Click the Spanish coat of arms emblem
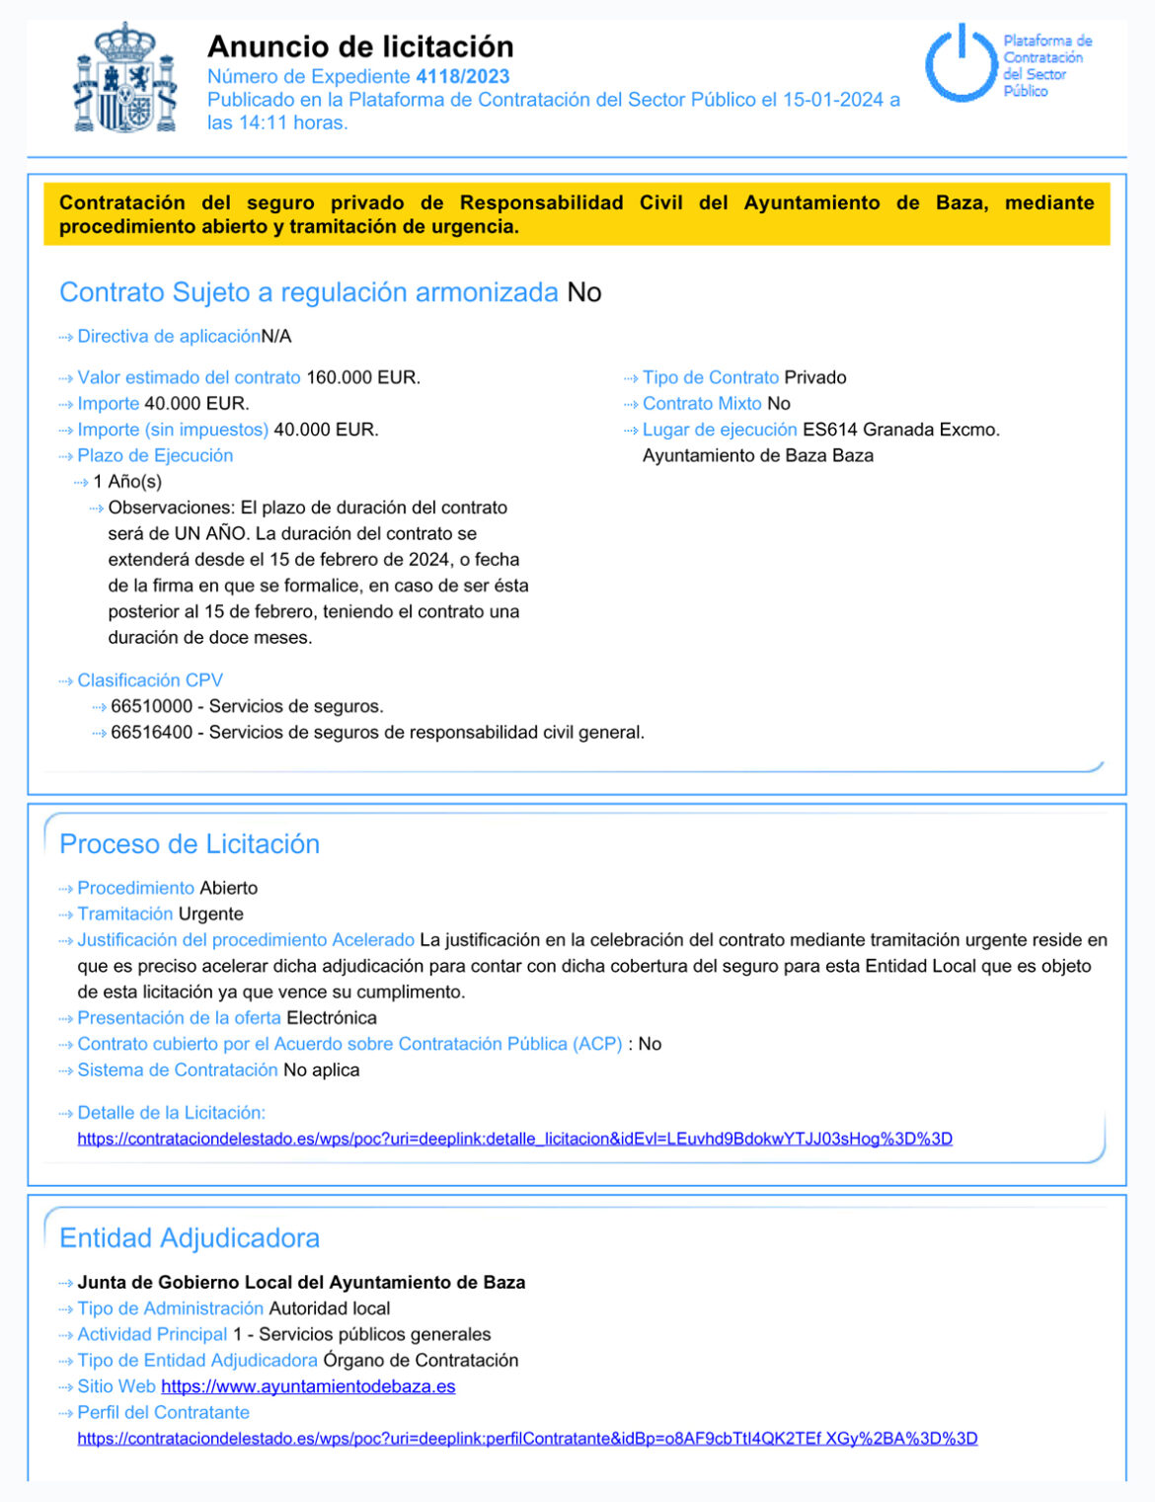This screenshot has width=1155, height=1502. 125,79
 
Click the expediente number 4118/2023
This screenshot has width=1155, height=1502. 462,76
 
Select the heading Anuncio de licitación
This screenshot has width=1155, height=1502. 360,46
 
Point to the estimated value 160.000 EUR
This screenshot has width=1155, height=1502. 363,377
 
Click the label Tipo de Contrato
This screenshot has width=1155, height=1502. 710,377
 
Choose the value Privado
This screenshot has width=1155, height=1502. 815,377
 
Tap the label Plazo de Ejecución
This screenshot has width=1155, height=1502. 155,455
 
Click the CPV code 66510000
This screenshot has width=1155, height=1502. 151,706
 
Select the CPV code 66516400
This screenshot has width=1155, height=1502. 151,732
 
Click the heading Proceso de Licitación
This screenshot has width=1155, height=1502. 190,843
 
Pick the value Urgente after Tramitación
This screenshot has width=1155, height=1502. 210,913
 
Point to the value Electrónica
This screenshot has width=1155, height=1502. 332,1017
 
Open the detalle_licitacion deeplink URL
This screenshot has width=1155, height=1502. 514,1139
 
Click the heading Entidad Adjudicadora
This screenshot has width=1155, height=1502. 190,1237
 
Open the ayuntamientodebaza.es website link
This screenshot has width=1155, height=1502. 308,1386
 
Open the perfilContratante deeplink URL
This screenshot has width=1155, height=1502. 527,1439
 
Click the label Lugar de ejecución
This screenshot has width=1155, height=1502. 719,430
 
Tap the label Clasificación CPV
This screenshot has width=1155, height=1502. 150,680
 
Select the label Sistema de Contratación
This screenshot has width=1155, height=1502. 178,1069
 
